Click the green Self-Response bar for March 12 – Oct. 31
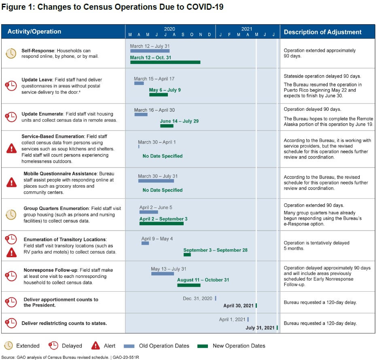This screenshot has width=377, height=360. point(165,62)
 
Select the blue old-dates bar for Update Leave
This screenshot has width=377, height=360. point(139,83)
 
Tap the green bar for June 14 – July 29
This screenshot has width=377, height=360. point(167,126)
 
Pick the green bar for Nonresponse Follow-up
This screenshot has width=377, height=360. point(188,285)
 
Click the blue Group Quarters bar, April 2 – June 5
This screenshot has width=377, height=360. point(148,212)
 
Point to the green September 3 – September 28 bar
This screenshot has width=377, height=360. point(187,255)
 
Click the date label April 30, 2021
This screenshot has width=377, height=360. point(238,306)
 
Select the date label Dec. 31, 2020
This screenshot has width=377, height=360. point(197,299)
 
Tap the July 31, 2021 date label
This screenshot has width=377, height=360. point(260,328)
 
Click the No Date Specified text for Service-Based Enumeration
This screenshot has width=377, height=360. point(162,156)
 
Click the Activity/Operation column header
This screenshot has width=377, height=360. point(34,32)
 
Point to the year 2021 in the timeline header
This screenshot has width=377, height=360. point(247,29)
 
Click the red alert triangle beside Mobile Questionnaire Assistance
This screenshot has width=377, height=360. point(12,182)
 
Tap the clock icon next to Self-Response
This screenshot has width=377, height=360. point(11,53)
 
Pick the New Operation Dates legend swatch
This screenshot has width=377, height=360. point(202,346)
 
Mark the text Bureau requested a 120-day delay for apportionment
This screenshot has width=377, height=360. point(320,302)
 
